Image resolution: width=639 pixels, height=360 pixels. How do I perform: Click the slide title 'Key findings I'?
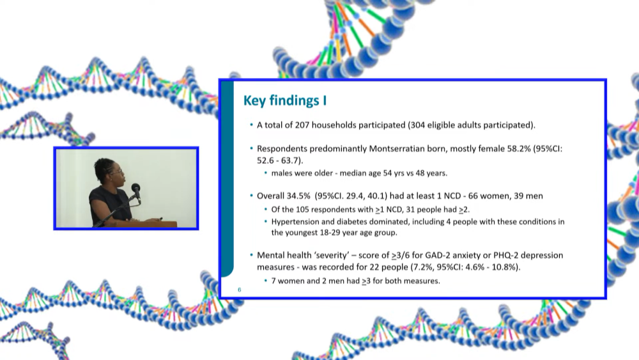(285, 100)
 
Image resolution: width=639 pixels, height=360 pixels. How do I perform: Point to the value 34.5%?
(298, 196)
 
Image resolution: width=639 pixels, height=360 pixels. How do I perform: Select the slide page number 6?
(239, 290)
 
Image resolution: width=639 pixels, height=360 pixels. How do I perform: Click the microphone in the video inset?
(135, 190)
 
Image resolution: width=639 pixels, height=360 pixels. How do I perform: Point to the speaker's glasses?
(116, 172)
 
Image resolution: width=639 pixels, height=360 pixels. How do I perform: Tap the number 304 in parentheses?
(417, 125)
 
